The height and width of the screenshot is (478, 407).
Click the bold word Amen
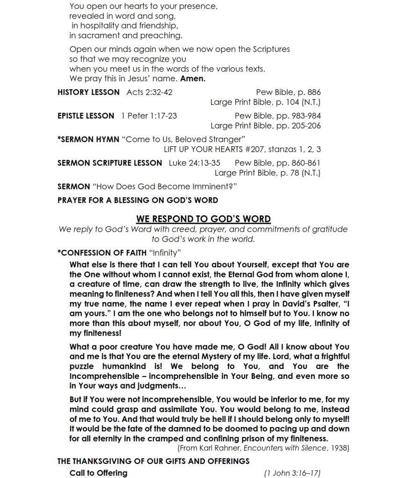[x=193, y=78]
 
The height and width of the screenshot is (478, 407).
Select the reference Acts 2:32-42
[x=149, y=92]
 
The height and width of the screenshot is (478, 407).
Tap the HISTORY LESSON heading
[x=88, y=92]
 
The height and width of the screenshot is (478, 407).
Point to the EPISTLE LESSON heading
[x=86, y=115]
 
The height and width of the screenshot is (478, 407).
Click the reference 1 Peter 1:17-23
[x=149, y=115]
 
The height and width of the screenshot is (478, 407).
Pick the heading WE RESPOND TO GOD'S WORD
[x=203, y=219]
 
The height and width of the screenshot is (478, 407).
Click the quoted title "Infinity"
[x=165, y=253]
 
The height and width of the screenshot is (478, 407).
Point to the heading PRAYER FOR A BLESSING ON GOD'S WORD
[x=138, y=200]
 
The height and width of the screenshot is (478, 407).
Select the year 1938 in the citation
[x=339, y=448]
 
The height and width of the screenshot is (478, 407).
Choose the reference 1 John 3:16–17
[x=292, y=473]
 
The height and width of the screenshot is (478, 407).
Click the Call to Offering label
[x=98, y=473]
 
